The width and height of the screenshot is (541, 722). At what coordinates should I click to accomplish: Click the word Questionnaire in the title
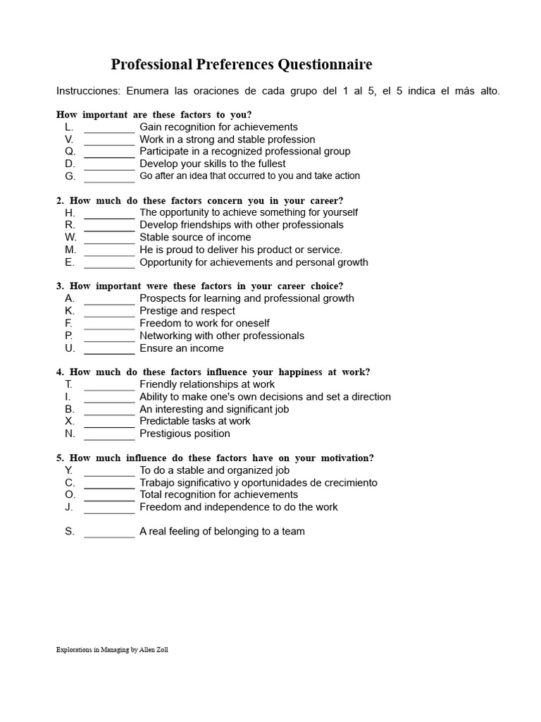(325, 65)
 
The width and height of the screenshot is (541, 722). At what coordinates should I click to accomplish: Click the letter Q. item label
(70, 152)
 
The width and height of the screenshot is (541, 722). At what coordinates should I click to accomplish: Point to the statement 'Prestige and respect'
(187, 311)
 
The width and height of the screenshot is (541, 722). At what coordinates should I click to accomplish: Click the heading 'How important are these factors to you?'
(154, 114)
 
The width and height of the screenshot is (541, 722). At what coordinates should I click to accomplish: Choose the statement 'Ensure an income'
(182, 348)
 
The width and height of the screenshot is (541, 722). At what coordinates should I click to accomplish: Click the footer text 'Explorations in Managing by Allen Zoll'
(112, 650)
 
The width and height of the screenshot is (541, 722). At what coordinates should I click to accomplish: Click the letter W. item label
(70, 238)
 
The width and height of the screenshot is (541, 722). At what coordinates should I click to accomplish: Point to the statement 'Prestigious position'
(185, 434)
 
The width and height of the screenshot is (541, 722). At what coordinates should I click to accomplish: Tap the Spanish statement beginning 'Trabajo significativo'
(259, 483)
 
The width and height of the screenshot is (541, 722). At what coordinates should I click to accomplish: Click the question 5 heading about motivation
(215, 458)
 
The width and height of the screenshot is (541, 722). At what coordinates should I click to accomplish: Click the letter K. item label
(70, 311)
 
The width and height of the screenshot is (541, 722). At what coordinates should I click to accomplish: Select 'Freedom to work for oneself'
(204, 324)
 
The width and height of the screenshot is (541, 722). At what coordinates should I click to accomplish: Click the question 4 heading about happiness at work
(213, 372)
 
